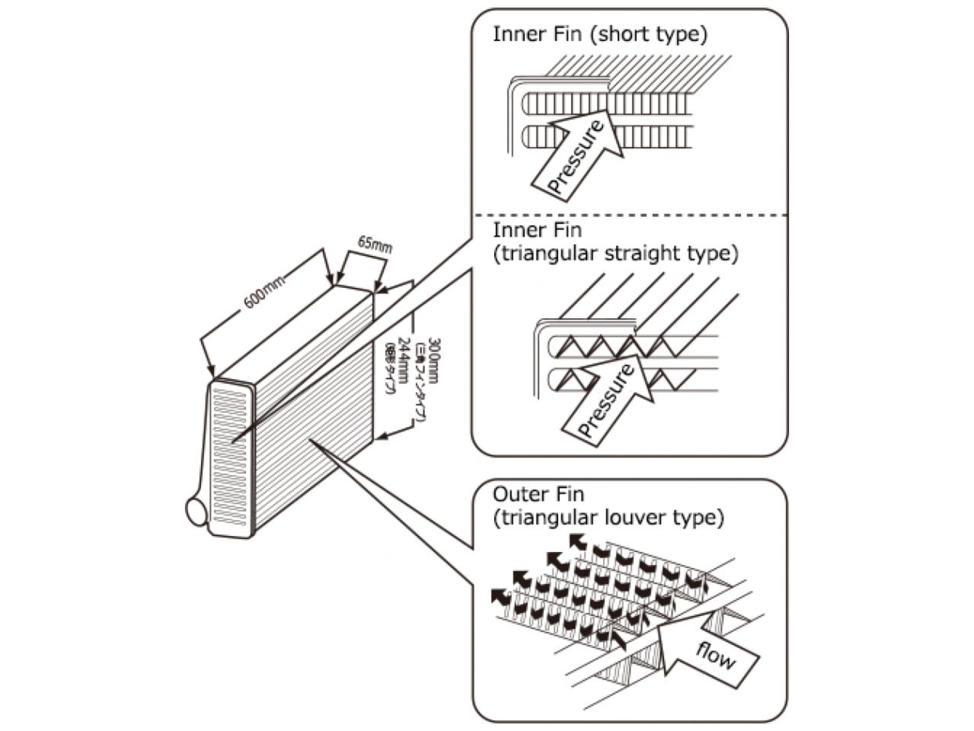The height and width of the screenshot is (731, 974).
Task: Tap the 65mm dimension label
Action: point(374,245)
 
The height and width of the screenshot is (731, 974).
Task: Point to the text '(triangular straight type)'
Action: point(615,254)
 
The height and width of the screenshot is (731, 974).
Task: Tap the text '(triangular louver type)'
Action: point(608,519)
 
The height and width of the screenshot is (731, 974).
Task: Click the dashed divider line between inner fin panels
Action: point(629,215)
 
